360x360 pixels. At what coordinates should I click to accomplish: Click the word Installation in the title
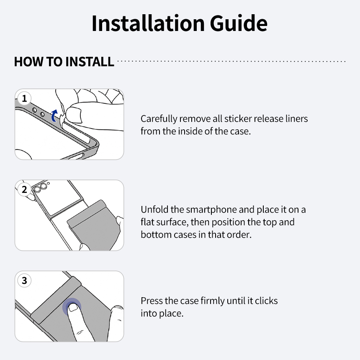[x=148, y=23]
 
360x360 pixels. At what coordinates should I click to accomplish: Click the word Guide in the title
[x=239, y=23]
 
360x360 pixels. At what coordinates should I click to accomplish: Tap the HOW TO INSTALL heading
[x=64, y=62]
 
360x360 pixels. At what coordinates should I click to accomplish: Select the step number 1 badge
[x=24, y=98]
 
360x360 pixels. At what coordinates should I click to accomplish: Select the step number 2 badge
[x=24, y=189]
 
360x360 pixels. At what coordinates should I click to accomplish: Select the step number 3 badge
[x=24, y=280]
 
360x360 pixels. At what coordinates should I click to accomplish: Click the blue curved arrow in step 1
[x=54, y=116]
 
